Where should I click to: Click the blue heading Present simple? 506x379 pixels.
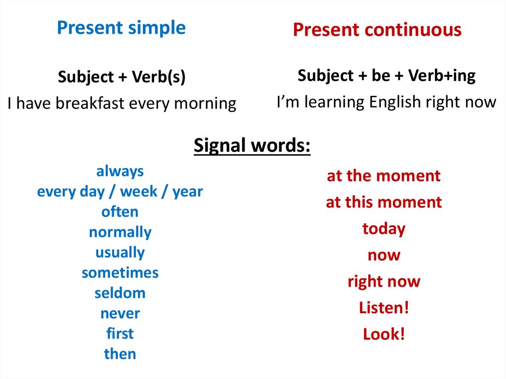(122, 28)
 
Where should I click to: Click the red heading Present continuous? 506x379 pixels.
(377, 30)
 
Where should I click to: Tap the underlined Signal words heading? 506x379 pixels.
(252, 146)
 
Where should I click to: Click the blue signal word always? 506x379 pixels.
(120, 171)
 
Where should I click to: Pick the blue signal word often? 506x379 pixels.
(120, 212)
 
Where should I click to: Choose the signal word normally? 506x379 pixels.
(120, 232)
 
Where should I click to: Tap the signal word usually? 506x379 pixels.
(120, 253)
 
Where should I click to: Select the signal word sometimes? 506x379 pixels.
(120, 273)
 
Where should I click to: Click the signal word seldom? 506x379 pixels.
(120, 293)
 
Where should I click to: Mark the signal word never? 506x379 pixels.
(120, 313)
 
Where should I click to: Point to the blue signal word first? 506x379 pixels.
(120, 334)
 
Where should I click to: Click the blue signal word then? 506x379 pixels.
(120, 354)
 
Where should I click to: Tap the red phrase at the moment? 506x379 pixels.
(383, 176)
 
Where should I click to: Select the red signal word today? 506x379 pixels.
(383, 229)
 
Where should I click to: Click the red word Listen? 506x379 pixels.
(383, 308)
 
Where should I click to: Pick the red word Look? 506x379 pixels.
(383, 334)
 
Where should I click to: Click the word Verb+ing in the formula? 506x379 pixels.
(442, 76)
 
